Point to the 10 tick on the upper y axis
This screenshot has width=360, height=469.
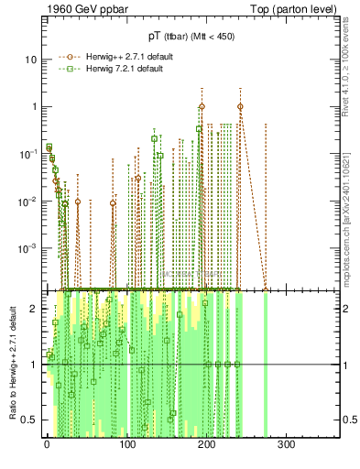(29, 60)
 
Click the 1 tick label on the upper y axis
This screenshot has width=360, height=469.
(32, 106)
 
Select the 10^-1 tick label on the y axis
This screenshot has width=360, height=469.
(28, 153)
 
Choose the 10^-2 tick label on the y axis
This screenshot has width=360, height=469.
(28, 201)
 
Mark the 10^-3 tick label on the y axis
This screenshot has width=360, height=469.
(28, 248)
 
